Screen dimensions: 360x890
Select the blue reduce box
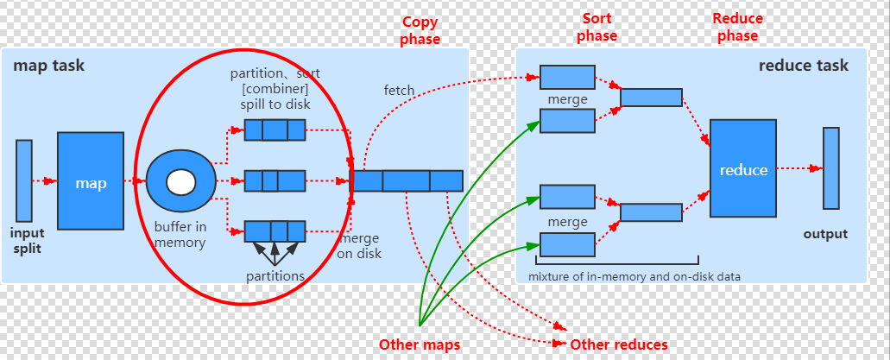743,169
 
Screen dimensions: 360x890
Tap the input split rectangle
24,180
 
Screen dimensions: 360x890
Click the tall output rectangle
830,168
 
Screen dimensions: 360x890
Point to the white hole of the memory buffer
180,182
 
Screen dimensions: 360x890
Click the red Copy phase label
420,30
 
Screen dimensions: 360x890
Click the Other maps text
420,344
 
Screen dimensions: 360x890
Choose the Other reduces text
619,344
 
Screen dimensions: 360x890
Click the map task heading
49,66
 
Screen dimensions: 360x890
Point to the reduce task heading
803,66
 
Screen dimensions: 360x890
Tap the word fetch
399,90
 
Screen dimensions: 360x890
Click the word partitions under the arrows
275,276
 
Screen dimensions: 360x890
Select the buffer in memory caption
180,235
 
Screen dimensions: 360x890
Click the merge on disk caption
359,246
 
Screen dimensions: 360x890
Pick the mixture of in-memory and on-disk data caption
634,276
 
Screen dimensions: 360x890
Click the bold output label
825,234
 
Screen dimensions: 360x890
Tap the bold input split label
27,241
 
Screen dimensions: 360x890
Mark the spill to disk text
275,104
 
